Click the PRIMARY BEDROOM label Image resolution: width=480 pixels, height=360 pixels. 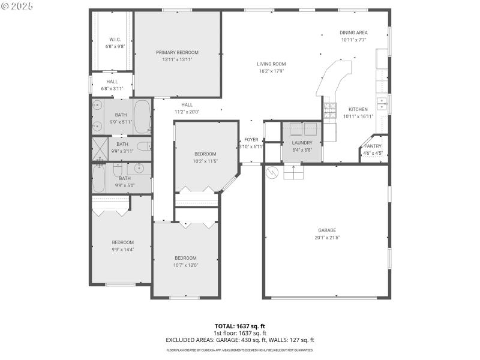point(177,52)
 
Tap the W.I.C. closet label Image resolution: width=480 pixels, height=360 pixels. point(116,40)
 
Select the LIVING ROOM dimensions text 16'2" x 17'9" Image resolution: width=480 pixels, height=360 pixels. point(271,71)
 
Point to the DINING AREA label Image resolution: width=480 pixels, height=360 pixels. point(353,32)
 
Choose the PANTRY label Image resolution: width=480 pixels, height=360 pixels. point(373,146)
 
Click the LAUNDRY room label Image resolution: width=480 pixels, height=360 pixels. point(302,143)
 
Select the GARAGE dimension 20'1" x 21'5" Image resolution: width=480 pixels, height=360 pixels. point(327,237)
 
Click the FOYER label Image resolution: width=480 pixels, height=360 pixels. point(251,139)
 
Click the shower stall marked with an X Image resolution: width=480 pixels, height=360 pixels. point(100,146)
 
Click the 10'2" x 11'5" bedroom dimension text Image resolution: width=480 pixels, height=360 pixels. point(205,161)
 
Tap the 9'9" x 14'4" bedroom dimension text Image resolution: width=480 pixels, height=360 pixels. point(122,250)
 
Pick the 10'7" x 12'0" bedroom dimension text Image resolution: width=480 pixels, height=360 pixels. point(185,265)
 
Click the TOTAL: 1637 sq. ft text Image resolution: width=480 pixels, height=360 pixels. point(240,326)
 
